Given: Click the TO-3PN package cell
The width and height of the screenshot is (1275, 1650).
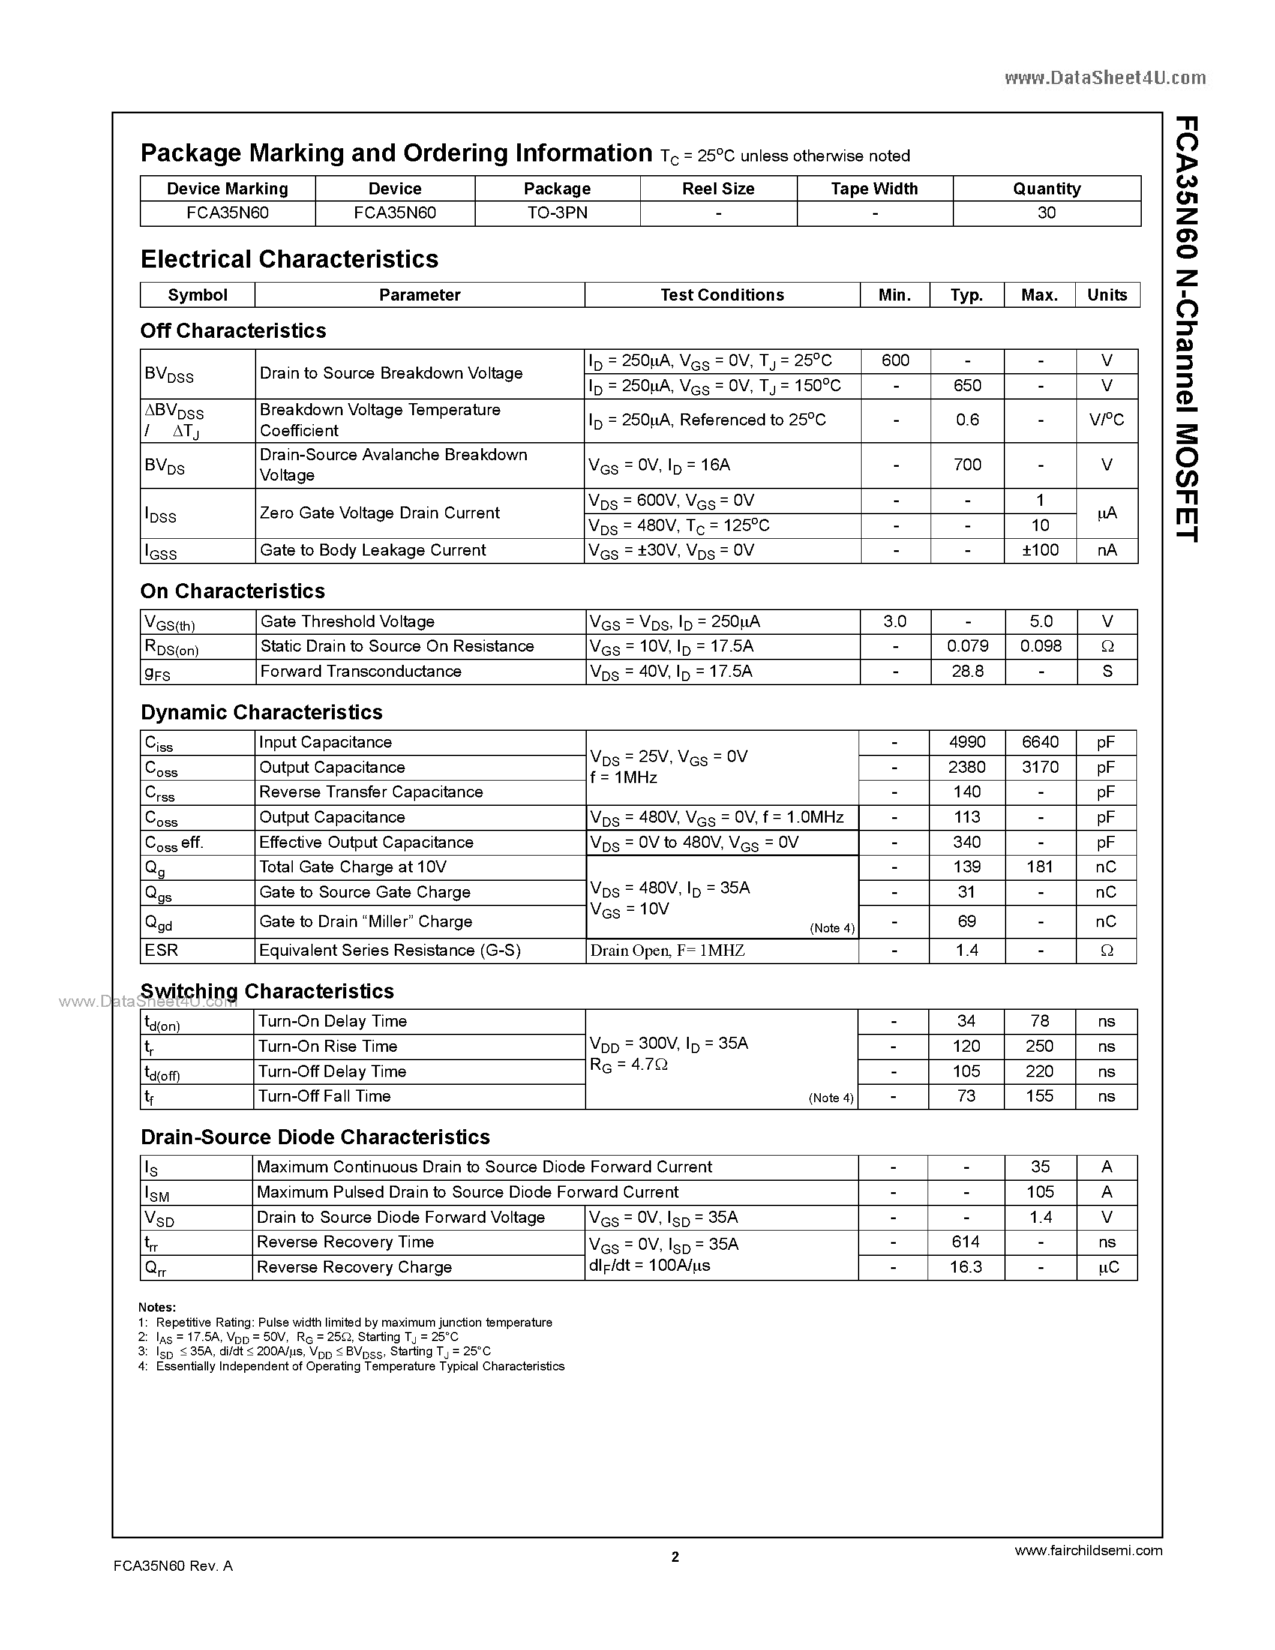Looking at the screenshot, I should point(557,213).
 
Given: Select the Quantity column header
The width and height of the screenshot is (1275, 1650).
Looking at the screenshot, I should point(1046,189).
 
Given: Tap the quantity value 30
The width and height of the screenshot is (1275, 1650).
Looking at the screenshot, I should point(1046,213).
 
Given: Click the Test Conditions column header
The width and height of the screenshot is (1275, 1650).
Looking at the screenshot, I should point(721,295).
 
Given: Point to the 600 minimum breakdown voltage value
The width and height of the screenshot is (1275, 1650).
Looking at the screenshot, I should point(895,361).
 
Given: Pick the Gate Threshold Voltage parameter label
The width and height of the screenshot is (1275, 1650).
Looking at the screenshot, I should point(347,622).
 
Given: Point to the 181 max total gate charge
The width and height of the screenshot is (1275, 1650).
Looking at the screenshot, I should point(1039,868).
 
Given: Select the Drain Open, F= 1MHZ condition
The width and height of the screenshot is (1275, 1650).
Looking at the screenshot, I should point(667,951).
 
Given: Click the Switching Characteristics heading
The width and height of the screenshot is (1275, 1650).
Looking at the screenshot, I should point(268,991).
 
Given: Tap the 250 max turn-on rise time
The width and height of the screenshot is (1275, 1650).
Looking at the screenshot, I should point(1039,1046).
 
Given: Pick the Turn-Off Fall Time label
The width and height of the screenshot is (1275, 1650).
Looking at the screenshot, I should point(324,1096).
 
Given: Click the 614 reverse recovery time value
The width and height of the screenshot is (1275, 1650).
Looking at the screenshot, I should point(966,1242).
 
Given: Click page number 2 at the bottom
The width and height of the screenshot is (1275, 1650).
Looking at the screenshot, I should point(675,1556).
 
